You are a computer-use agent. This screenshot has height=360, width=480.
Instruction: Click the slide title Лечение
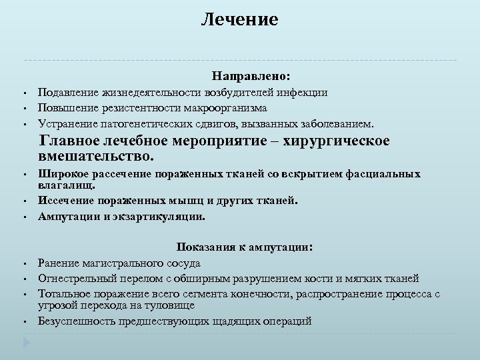240,20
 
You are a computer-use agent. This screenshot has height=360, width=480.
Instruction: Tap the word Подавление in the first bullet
66,93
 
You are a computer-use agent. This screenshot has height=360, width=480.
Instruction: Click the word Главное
69,141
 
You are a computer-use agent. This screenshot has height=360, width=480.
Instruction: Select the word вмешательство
96,157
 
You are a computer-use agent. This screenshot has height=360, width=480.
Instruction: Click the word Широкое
61,174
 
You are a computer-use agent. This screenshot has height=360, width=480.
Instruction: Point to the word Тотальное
63,292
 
